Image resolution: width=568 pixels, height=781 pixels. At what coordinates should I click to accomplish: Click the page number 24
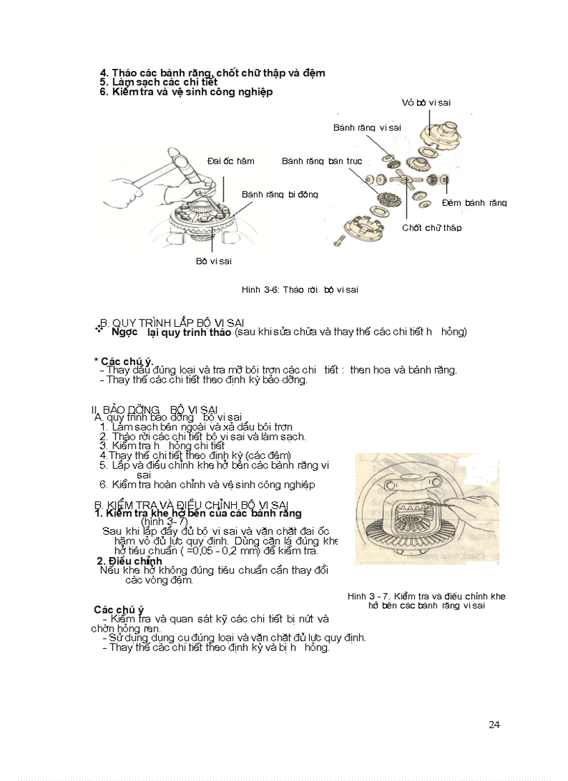click(x=494, y=725)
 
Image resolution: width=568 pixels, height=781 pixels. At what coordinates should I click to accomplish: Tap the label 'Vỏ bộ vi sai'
click(x=426, y=102)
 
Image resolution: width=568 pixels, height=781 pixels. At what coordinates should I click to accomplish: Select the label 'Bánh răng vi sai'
click(x=367, y=127)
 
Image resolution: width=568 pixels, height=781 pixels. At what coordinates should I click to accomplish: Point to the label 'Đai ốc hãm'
click(x=231, y=161)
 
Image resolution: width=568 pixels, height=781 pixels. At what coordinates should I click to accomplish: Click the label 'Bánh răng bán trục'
click(x=322, y=161)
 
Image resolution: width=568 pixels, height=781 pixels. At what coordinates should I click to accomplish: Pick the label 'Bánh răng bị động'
click(x=280, y=195)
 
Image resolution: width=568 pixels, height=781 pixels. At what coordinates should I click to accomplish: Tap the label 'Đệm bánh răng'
click(x=474, y=203)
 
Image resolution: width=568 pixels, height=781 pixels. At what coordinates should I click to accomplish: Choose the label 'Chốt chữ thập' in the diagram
click(x=432, y=227)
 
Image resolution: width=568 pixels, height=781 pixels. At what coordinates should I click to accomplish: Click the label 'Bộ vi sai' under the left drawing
click(x=214, y=261)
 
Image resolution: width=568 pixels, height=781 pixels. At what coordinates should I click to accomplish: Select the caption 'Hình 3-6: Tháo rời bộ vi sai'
click(x=299, y=289)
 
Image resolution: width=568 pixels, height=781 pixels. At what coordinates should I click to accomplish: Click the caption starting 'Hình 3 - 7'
click(x=426, y=601)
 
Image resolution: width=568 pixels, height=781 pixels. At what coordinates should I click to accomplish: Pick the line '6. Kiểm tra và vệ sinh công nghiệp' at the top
click(x=186, y=92)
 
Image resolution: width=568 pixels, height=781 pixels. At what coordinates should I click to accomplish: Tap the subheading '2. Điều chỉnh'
click(x=129, y=561)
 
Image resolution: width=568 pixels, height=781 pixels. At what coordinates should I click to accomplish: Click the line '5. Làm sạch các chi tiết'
click(x=159, y=82)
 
